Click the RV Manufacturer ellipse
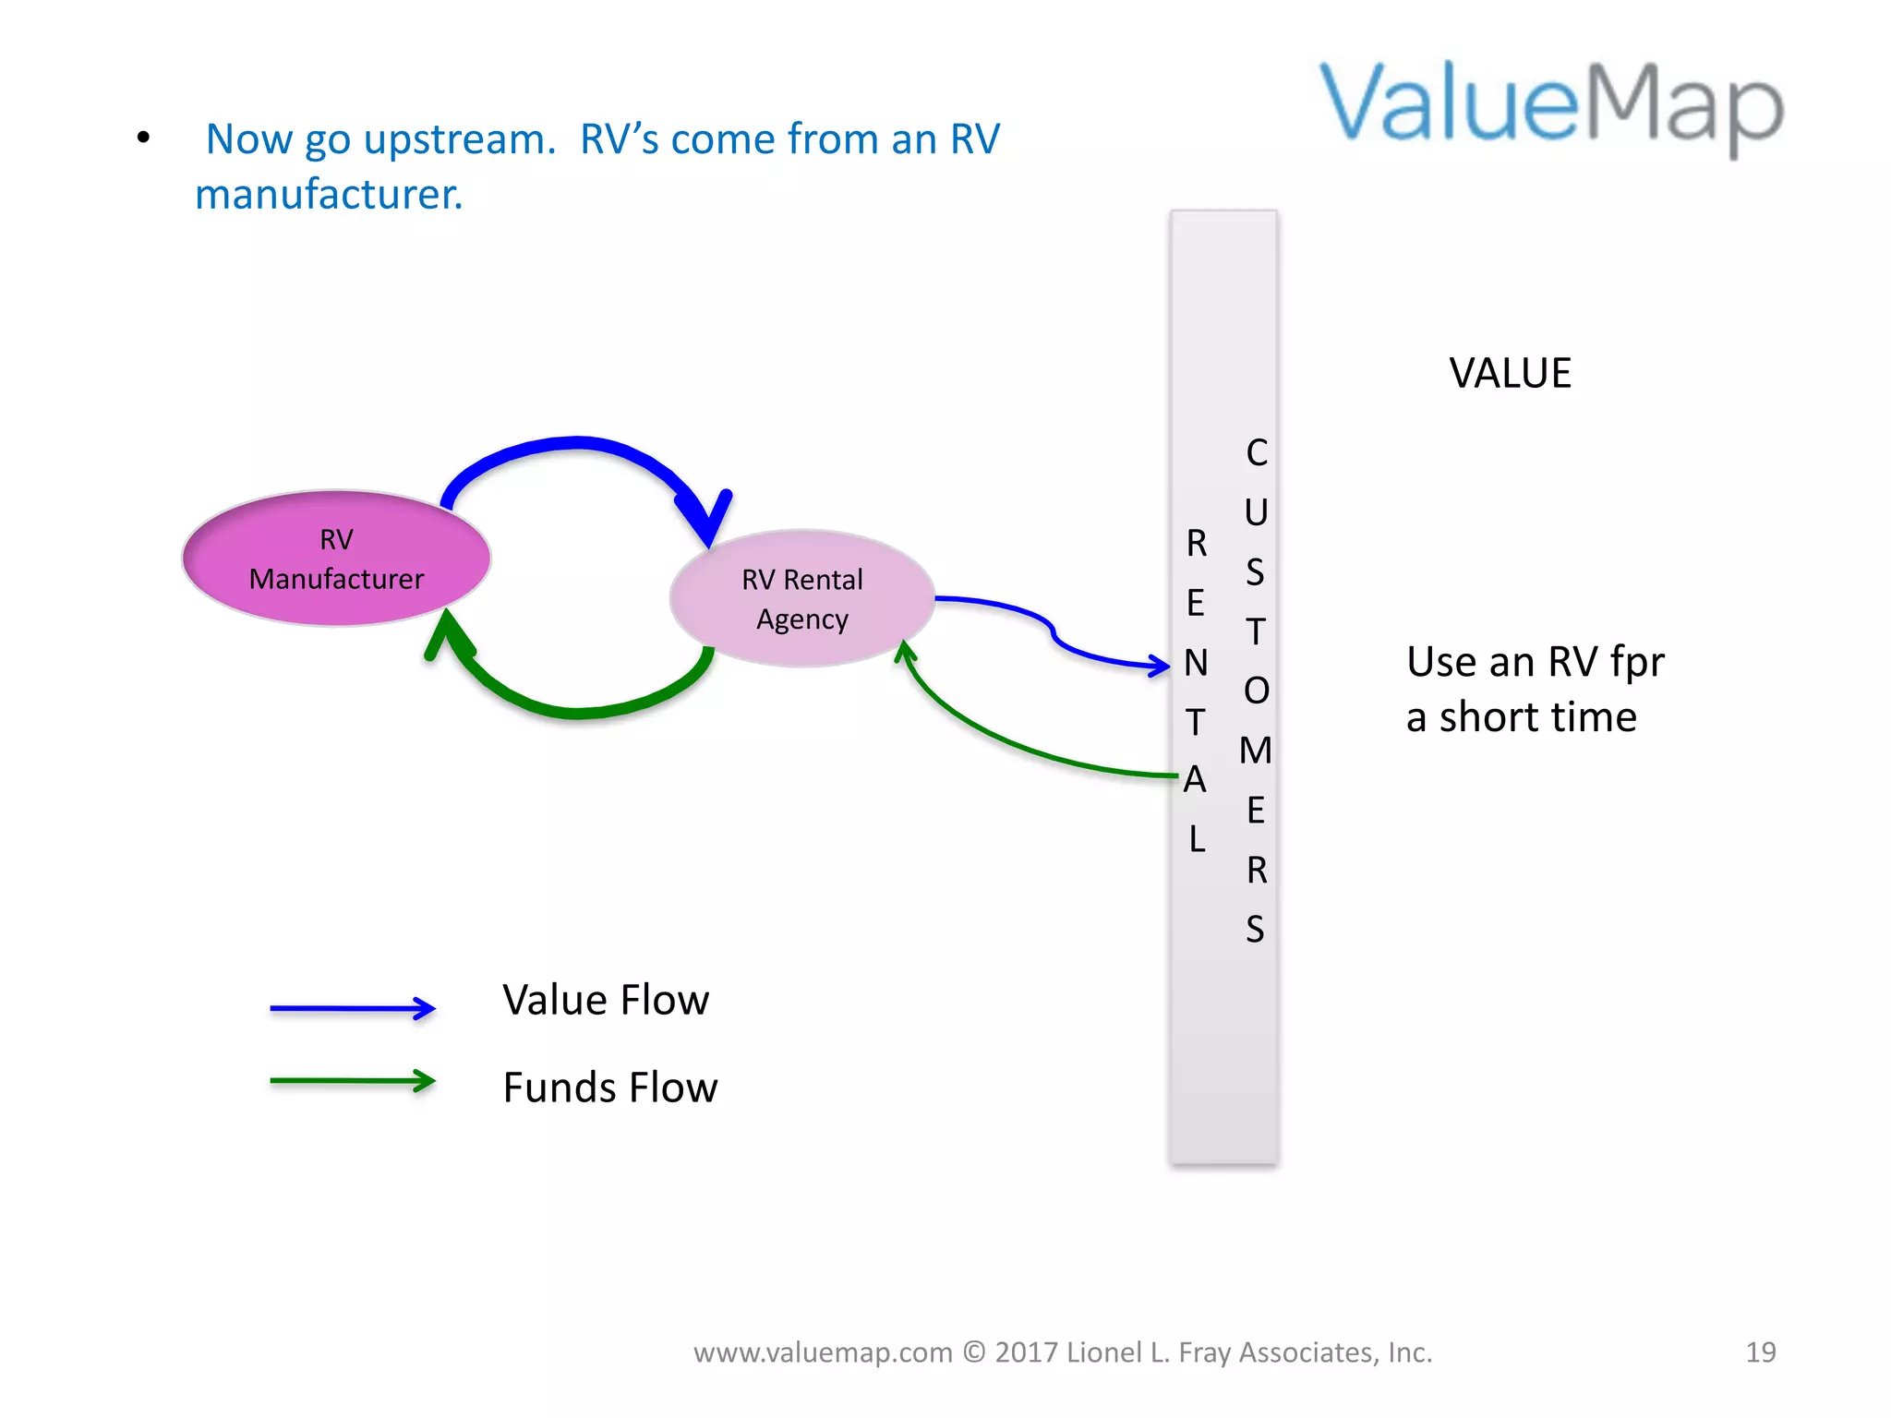336,559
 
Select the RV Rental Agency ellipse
801,599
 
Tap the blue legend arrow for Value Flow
352,1008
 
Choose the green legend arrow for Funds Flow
352,1080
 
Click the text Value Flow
606,1001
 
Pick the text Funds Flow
609,1088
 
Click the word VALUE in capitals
1510,374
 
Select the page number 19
1760,1352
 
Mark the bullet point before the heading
143,138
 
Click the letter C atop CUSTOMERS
1257,453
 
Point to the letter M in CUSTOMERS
1256,751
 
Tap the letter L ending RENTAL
1197,839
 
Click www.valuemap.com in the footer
823,1352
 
